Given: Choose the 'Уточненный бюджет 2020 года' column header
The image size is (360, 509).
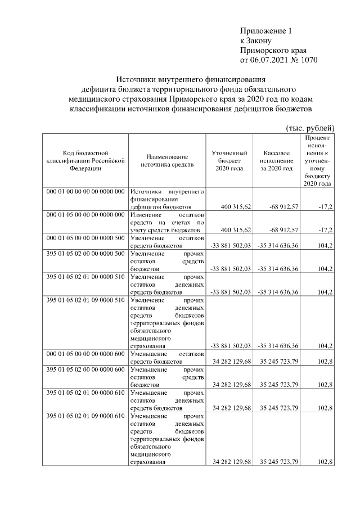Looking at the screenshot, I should [x=229, y=160].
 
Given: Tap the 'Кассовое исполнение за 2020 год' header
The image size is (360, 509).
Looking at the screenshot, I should [x=276, y=160].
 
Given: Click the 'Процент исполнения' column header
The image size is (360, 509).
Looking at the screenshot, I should [x=317, y=160].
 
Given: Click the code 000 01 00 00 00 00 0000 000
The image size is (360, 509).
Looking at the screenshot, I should [x=85, y=192].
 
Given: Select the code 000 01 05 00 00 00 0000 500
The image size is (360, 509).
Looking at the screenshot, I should [x=85, y=238].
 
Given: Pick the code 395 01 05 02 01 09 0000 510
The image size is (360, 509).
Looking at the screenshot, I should [x=85, y=300].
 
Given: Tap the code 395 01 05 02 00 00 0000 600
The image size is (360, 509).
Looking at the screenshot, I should [x=85, y=370].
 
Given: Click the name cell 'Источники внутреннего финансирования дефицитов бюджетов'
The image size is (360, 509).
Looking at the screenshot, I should [x=167, y=199].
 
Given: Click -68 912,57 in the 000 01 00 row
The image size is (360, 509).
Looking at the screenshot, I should [x=278, y=207].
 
